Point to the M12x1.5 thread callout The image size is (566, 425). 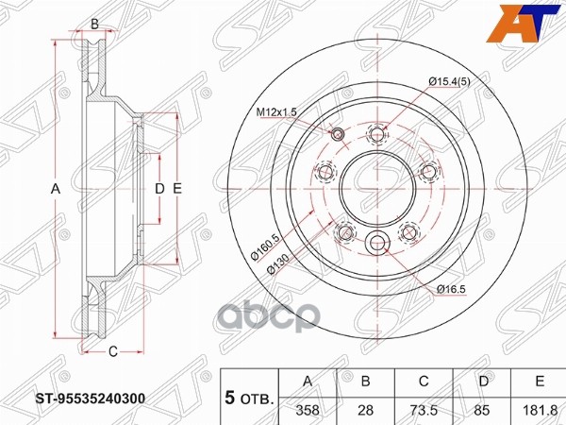click(277, 111)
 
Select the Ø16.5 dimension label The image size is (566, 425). click(453, 289)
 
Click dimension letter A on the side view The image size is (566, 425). click(56, 190)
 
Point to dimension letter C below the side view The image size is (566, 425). click(111, 352)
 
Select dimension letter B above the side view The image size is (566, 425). click(94, 24)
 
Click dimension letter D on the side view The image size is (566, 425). click(159, 190)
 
